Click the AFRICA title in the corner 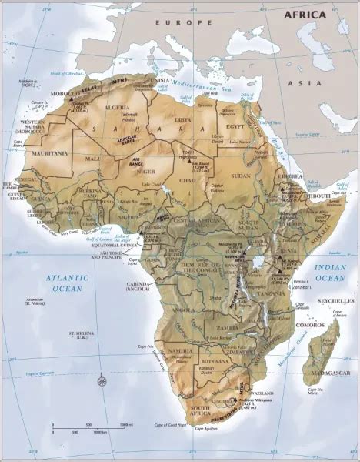pyautogui.click(x=305, y=15)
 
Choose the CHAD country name pyautogui.click(x=187, y=179)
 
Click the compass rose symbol pyautogui.click(x=102, y=381)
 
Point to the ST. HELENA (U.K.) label pyautogui.click(x=81, y=336)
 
